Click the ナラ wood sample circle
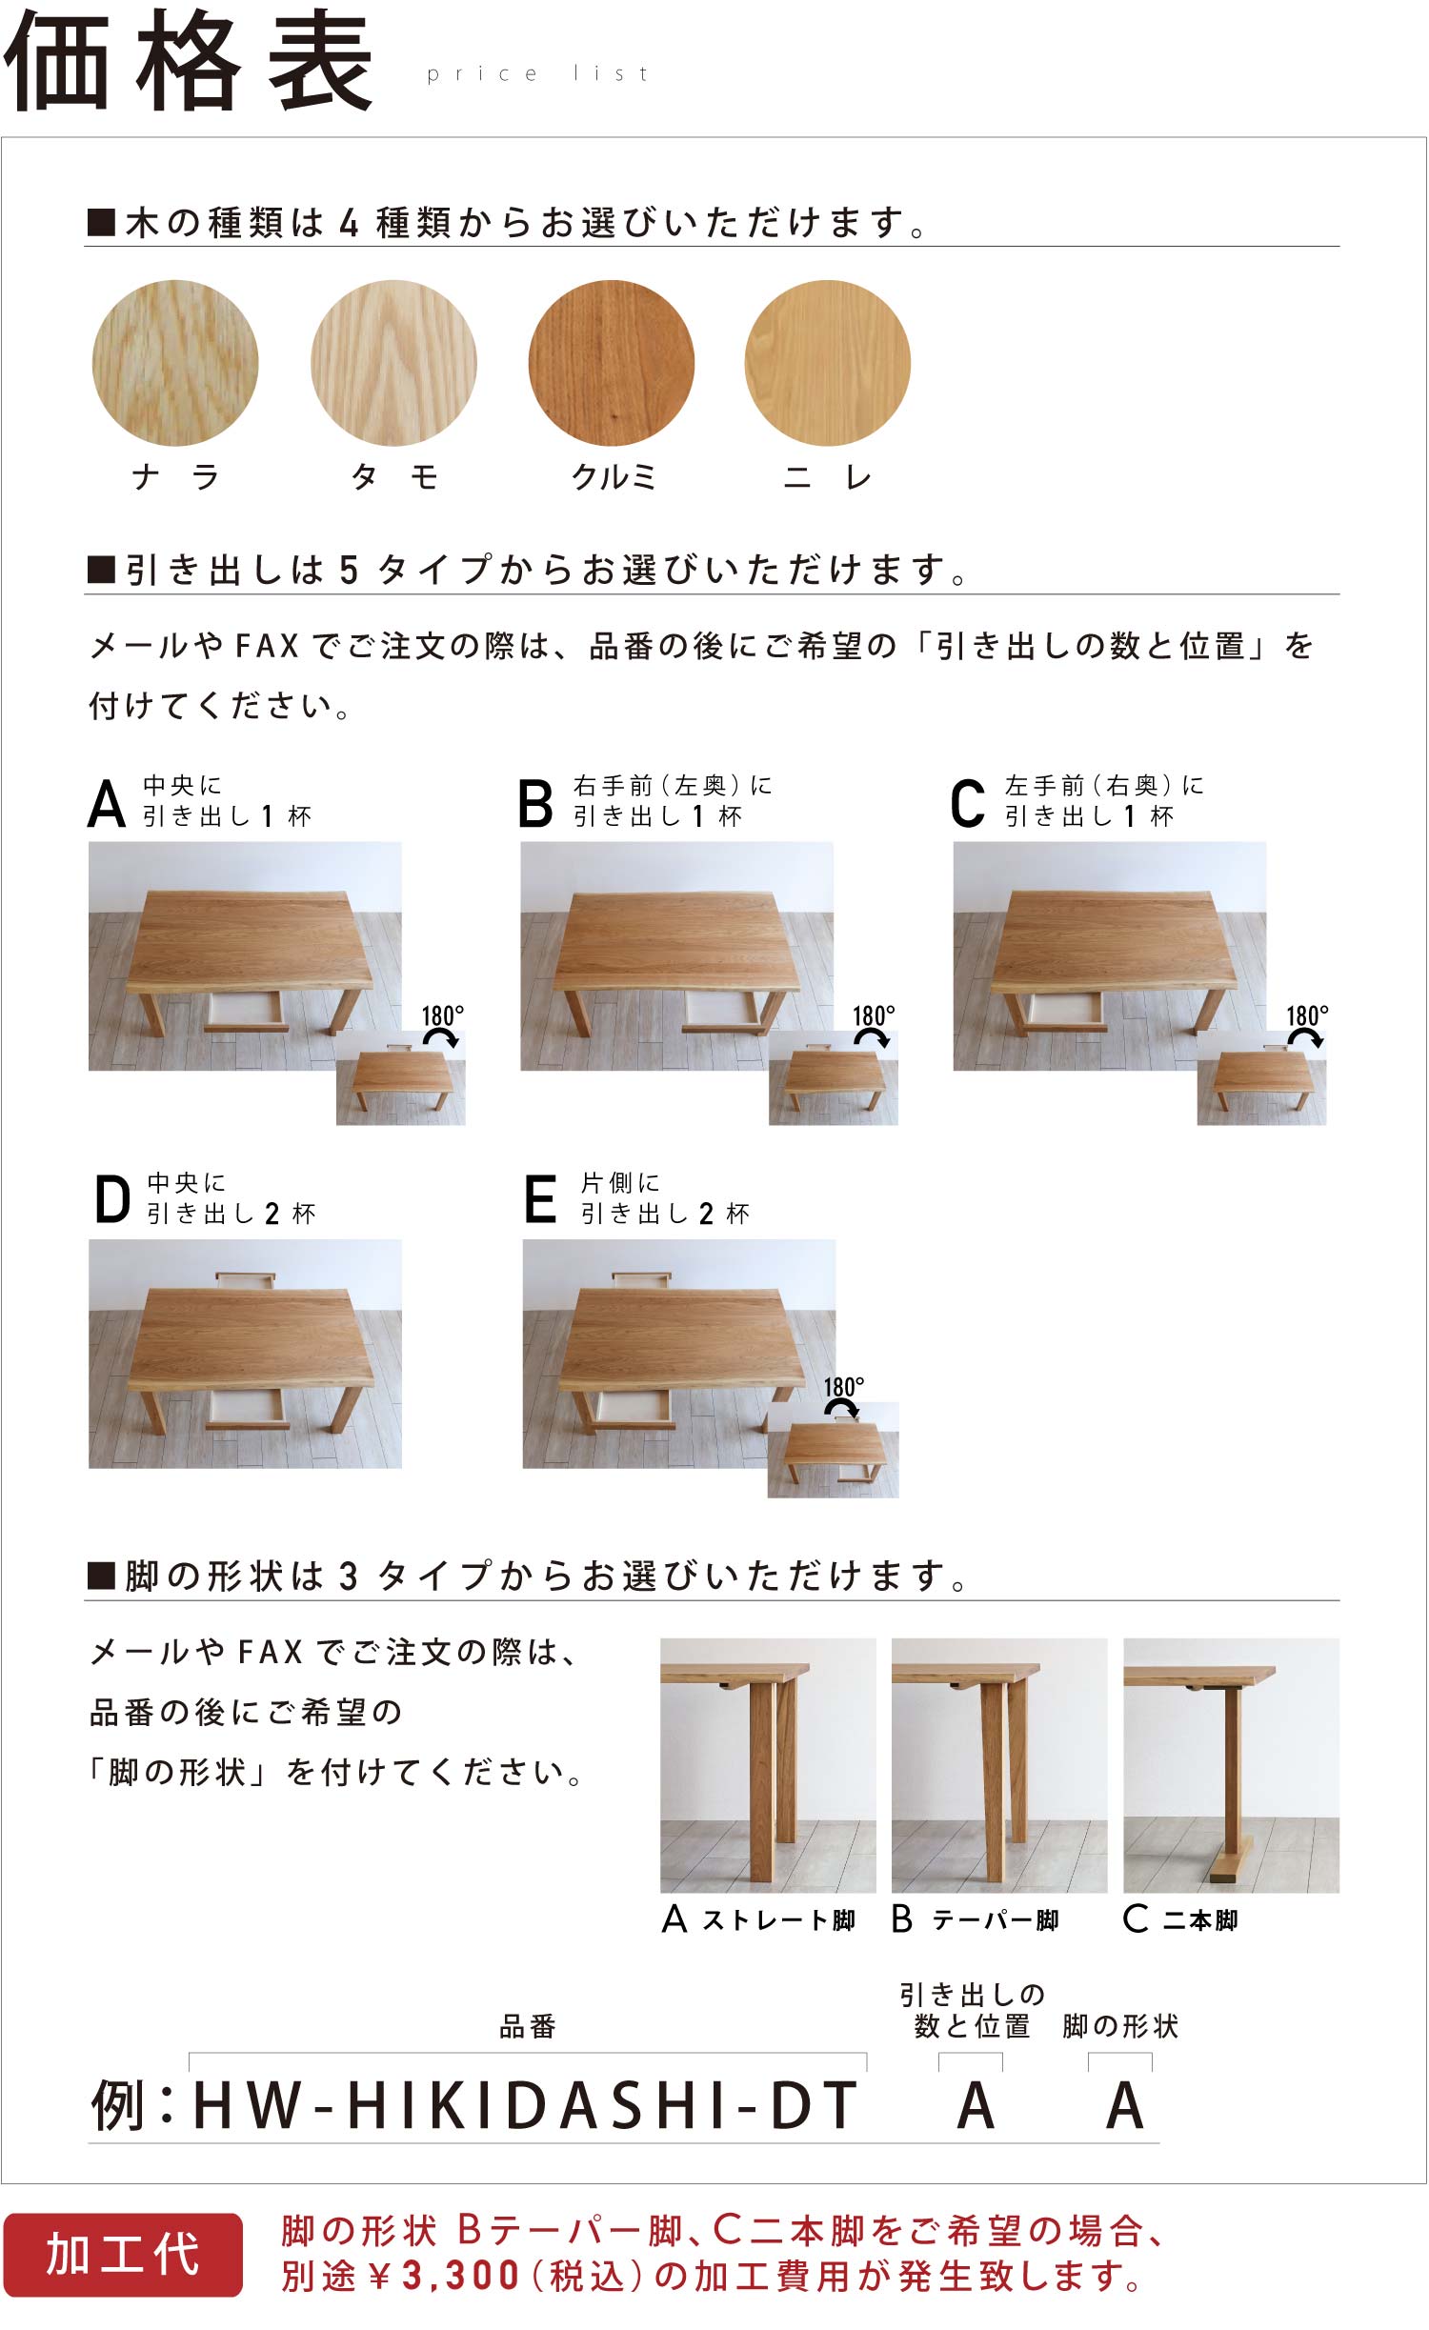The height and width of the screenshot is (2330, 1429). coord(175,363)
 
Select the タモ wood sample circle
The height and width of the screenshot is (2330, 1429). coord(393,363)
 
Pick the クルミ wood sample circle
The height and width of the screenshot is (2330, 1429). coord(612,363)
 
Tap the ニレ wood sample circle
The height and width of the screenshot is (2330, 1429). coord(828,363)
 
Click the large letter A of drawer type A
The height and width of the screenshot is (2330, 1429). coord(107,803)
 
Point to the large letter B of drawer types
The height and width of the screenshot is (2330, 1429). coord(535,803)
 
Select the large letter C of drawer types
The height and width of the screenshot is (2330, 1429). coord(967,803)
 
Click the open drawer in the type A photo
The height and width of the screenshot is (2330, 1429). coord(247,1012)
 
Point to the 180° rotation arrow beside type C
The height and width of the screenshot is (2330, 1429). coord(1305,1038)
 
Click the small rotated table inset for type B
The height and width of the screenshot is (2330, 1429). coord(834,1077)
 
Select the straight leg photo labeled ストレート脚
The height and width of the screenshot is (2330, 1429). coord(768,1765)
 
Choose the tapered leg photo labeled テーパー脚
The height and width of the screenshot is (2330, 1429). coord(999,1765)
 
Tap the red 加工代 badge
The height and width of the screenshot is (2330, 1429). coord(123,2254)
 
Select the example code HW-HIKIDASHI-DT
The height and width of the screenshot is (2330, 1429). coord(526,2106)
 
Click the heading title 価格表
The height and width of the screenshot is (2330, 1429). coord(188,61)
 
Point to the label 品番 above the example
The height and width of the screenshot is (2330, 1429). coord(528,2026)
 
